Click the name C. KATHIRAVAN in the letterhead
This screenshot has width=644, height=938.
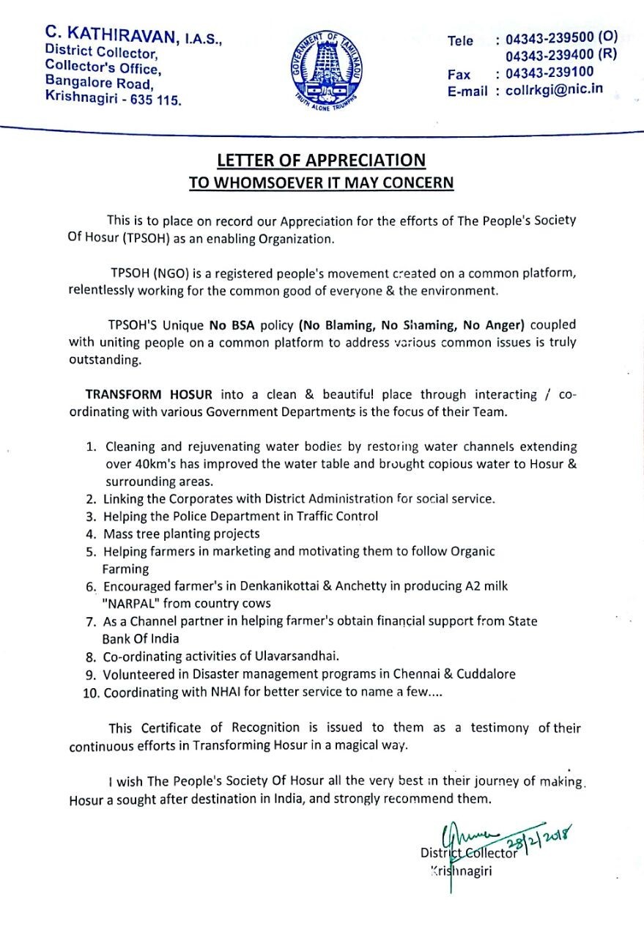tap(110, 33)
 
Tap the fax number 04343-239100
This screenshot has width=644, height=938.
tap(549, 73)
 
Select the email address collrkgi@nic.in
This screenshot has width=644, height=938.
tap(555, 90)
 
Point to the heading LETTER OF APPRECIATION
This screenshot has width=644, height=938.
tap(321, 160)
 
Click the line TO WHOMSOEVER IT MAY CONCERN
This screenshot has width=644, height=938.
tap(321, 182)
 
